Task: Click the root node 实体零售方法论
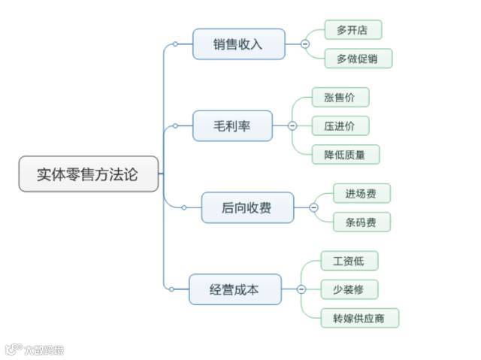[x=88, y=174]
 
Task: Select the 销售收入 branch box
[x=239, y=44]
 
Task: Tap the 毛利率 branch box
[x=232, y=126]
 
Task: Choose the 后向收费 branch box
[x=247, y=207]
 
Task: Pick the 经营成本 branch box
[x=234, y=289]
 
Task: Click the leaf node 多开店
[x=352, y=30]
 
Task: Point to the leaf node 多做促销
[x=358, y=59]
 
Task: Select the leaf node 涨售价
[x=340, y=97]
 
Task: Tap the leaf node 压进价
[x=340, y=126]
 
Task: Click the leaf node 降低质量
[x=346, y=154]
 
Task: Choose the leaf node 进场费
[x=362, y=193]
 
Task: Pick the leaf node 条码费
[x=362, y=222]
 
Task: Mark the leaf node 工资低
[x=349, y=261]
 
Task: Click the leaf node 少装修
[x=349, y=289]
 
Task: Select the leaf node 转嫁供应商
[x=359, y=318]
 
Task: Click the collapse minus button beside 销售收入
[x=305, y=44]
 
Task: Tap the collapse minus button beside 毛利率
[x=292, y=126]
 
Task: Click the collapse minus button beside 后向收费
[x=313, y=207]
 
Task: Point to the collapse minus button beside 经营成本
[x=301, y=289]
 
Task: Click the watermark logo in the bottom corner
[x=34, y=349]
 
